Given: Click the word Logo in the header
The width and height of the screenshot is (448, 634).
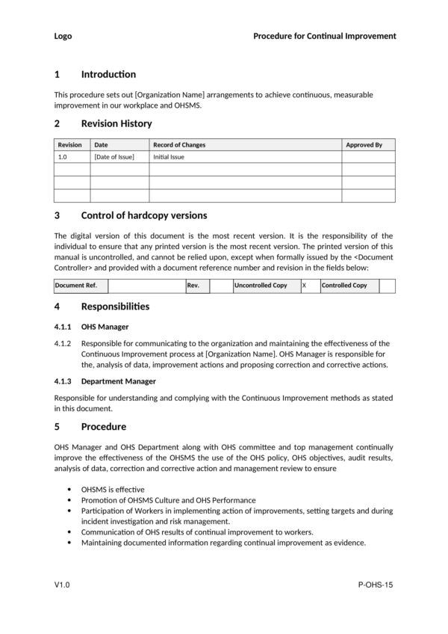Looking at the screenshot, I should pyautogui.click(x=63, y=36).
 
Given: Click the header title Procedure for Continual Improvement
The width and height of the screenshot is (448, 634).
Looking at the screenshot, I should pyautogui.click(x=324, y=36).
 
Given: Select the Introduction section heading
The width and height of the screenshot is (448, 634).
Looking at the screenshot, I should pyautogui.click(x=108, y=74).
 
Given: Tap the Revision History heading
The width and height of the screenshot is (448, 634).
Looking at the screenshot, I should pyautogui.click(x=116, y=123).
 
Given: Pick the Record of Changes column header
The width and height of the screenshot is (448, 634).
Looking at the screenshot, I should pyautogui.click(x=179, y=145).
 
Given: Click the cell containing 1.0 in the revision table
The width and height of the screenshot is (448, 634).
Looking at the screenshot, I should pyautogui.click(x=63, y=158).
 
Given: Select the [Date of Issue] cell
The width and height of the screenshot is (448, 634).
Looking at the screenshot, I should pyautogui.click(x=114, y=158).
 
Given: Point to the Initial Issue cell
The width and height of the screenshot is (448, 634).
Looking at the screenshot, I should pyautogui.click(x=169, y=158).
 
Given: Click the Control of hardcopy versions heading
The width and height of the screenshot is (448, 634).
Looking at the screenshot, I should pyautogui.click(x=143, y=215).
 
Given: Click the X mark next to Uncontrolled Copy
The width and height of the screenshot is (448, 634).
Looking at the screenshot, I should pyautogui.click(x=304, y=286).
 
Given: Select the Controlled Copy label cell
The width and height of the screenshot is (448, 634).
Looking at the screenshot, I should pyautogui.click(x=344, y=286).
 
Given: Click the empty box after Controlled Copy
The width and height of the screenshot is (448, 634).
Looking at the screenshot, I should pyautogui.click(x=387, y=286).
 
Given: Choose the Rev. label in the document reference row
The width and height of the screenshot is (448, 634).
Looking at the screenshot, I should pyautogui.click(x=193, y=286).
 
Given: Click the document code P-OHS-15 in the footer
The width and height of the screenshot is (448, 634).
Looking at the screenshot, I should pyautogui.click(x=376, y=584).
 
